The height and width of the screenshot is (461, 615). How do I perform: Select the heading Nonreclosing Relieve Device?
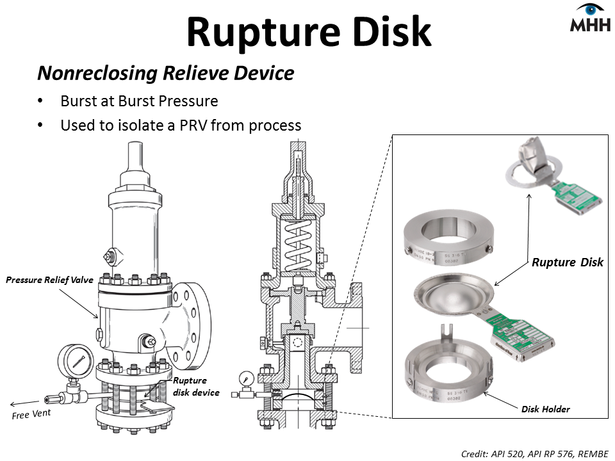click(x=165, y=73)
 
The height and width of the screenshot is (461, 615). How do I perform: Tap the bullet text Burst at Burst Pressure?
click(x=139, y=101)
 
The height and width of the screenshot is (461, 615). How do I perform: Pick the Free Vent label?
click(x=31, y=415)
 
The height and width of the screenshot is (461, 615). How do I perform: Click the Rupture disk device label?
click(x=196, y=386)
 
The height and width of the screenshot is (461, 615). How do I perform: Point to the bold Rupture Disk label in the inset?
click(x=568, y=262)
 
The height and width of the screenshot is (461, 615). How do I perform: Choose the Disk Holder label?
click(x=545, y=409)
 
